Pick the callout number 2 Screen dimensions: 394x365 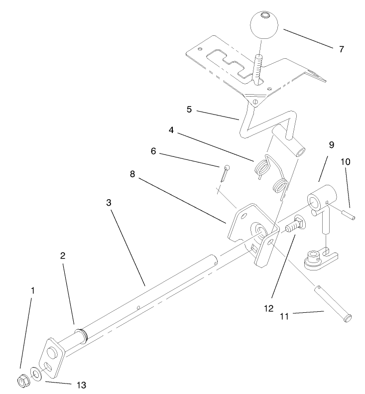coord(63,256)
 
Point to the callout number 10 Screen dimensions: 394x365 coord(345,162)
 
